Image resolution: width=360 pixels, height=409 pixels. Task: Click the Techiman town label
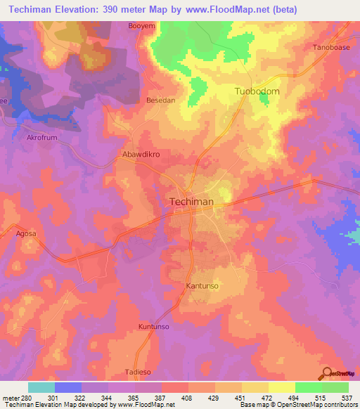[x=191, y=202]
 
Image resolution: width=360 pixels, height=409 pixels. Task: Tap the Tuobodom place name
[x=257, y=92]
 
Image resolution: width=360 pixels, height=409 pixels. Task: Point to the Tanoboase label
[x=330, y=48]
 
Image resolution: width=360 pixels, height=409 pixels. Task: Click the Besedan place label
[x=160, y=100]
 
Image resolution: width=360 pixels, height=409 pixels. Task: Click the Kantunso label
[x=204, y=287]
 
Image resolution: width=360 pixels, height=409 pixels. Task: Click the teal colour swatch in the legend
[x=41, y=387]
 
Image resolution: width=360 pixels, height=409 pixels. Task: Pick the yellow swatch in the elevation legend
[x=281, y=387]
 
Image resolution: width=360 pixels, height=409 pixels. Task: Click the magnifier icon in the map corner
[x=326, y=372]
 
